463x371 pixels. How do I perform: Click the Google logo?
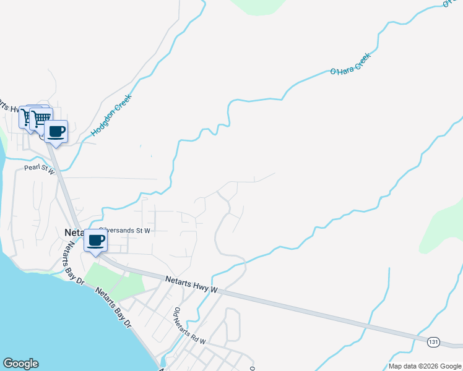[20, 364]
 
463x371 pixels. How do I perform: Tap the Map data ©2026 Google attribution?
[425, 366]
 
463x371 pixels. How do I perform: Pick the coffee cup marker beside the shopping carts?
[56, 132]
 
